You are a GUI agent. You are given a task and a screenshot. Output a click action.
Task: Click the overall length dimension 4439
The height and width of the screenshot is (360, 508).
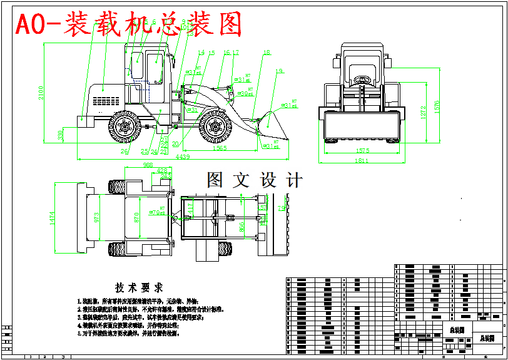click(183, 158)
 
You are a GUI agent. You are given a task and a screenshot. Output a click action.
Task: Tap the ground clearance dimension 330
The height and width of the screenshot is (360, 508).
click(60, 135)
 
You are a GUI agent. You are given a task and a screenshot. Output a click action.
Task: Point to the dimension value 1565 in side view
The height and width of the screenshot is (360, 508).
click(219, 149)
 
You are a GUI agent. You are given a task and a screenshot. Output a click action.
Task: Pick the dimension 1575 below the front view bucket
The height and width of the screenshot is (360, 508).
click(362, 150)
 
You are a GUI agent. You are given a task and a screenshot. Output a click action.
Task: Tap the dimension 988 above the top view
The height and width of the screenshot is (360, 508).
click(148, 165)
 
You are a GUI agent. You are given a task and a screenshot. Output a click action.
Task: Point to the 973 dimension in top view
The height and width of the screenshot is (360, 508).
click(96, 217)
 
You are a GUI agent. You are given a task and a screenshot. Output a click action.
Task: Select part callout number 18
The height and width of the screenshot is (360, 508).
click(267, 53)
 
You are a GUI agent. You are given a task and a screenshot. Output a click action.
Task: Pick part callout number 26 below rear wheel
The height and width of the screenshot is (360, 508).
click(124, 151)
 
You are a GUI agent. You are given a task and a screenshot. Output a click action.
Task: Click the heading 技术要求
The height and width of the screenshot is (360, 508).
click(139, 287)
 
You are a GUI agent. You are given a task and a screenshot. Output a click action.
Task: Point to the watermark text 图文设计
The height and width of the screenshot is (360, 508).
click(255, 180)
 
